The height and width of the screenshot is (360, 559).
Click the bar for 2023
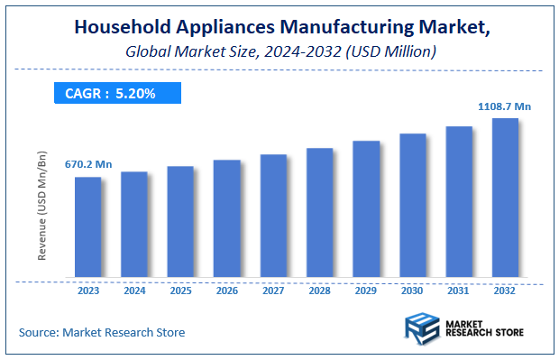point(87,226)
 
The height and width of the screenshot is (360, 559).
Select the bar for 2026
point(226,218)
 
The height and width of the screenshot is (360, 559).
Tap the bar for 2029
point(366,208)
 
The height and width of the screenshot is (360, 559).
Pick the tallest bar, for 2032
point(505,198)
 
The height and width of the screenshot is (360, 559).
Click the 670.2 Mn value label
point(87,165)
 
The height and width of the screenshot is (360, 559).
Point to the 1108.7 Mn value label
point(504,106)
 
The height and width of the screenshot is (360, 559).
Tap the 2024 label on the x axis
point(133,291)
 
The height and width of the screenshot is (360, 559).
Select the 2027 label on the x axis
point(273,291)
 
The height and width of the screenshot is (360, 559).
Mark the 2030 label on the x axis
point(412,291)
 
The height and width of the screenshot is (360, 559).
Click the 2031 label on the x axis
point(459,291)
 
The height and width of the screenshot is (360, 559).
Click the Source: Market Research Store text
point(102,333)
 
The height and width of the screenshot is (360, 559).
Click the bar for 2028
point(319,212)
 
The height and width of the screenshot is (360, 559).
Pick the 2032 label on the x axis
point(505,291)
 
